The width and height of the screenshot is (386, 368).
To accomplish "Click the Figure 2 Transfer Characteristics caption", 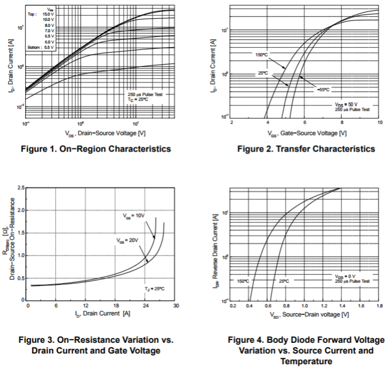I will tap(306, 149).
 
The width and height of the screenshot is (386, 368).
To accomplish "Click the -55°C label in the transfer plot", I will tap(323, 89).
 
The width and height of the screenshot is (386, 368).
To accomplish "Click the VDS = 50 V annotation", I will tap(346, 104).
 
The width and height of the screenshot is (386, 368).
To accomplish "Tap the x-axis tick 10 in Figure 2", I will tap(379, 123).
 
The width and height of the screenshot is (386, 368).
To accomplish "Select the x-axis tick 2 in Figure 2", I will tap(231, 123).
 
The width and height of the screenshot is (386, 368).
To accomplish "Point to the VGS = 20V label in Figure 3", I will tap(127, 241).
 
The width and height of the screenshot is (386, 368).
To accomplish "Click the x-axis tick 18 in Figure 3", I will tap(115, 306).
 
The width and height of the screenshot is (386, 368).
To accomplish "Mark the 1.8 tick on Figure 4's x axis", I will tap(379, 306).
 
